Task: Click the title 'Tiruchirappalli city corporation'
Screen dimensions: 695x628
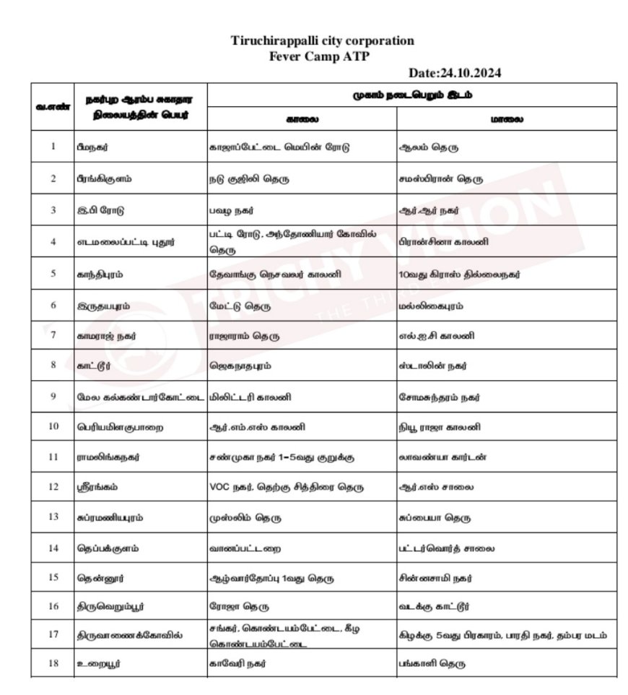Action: [323, 41]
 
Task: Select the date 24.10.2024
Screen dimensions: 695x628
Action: [455, 73]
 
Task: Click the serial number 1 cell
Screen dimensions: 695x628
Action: [53, 147]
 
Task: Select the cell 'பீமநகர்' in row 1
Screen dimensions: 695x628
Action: [94, 147]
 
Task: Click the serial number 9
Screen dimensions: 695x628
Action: [53, 397]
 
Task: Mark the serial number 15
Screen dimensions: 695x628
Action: [53, 579]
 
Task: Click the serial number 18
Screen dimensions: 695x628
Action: [53, 663]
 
